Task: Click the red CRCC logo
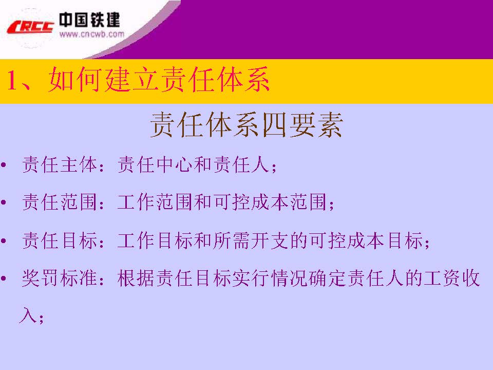tap(30, 26)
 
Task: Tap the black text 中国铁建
tap(89, 20)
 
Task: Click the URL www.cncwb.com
tap(91, 34)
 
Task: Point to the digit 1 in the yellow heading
tap(14, 82)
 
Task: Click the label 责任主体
tap(60, 165)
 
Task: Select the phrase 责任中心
tap(155, 165)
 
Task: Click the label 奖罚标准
tap(60, 279)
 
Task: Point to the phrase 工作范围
tap(155, 203)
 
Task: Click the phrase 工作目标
tap(155, 241)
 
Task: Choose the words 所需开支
tap(249, 241)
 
